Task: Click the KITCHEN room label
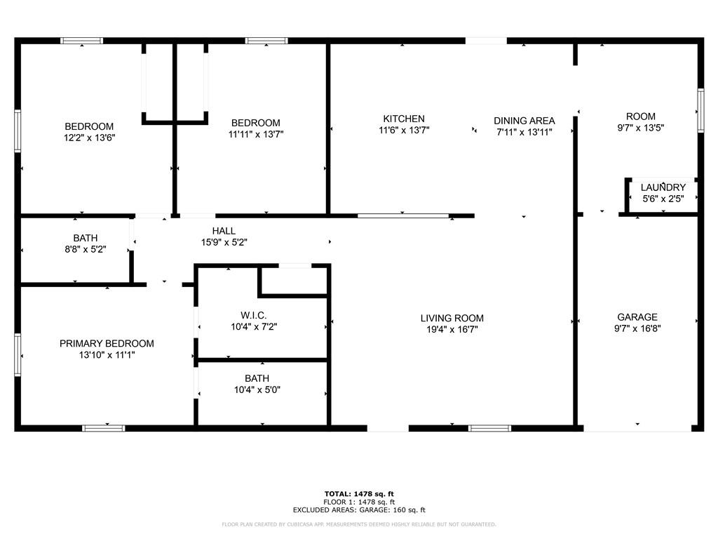[404, 119]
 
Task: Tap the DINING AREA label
[524, 121]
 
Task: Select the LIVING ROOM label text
[452, 318]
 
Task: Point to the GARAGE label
[637, 317]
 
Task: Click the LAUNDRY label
[663, 187]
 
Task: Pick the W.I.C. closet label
[254, 315]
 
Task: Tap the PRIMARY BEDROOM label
[107, 343]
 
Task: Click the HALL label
[224, 231]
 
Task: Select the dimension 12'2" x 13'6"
[89, 138]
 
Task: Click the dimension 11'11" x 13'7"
[256, 134]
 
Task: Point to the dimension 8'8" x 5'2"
[86, 249]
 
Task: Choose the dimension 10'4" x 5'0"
[257, 390]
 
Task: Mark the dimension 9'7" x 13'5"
[641, 128]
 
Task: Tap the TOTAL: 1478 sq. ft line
[359, 493]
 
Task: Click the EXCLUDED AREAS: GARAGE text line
[359, 510]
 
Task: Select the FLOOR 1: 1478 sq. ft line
[359, 502]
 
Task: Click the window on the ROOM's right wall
[700, 110]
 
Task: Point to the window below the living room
[489, 429]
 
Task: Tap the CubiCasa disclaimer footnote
[359, 524]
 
